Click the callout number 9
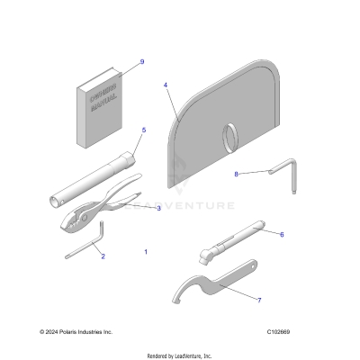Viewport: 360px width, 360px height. pyautogui.click(x=141, y=61)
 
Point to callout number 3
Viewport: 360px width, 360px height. pyautogui.click(x=158, y=208)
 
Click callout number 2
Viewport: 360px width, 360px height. pyautogui.click(x=103, y=256)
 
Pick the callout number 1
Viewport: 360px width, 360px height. pyautogui.click(x=146, y=252)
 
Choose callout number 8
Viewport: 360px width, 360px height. pyautogui.click(x=237, y=174)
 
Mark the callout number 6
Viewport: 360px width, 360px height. pyautogui.click(x=282, y=234)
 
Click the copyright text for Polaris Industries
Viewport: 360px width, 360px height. pyautogui.click(x=73, y=332)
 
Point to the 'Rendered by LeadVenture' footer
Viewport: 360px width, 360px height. pyautogui.click(x=180, y=353)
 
